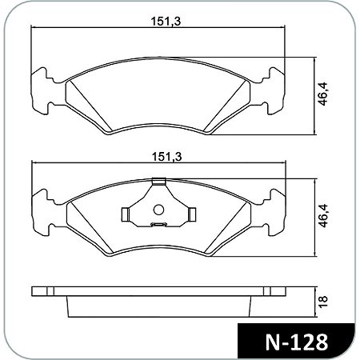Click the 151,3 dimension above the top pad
pyautogui.click(x=166, y=22)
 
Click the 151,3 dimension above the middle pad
pyautogui.click(x=166, y=157)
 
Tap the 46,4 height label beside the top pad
pyautogui.click(x=322, y=94)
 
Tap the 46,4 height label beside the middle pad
pyautogui.click(x=322, y=215)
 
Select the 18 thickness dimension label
pyautogui.click(x=323, y=302)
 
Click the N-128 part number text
pyautogui.click(x=297, y=342)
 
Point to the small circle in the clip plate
pyautogui.click(x=158, y=210)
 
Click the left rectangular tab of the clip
pyautogui.click(x=126, y=214)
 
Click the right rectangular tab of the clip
pyautogui.click(x=192, y=214)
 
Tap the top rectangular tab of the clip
pyautogui.click(x=159, y=181)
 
